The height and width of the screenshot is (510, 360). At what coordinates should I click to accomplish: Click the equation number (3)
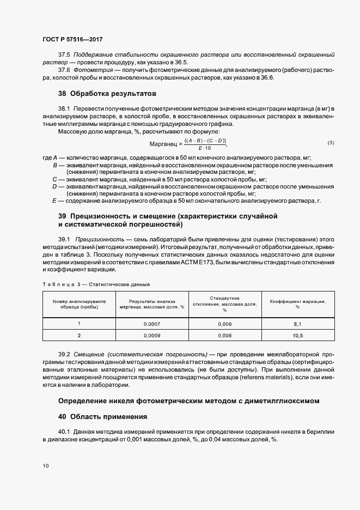click(x=331, y=143)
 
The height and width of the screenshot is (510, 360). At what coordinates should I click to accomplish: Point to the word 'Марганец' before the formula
click(x=163, y=144)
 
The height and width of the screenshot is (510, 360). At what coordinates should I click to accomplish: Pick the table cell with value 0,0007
click(x=151, y=324)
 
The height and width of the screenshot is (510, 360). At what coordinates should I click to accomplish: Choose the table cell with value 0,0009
click(x=151, y=336)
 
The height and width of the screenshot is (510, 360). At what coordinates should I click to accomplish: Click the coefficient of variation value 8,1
click(x=297, y=324)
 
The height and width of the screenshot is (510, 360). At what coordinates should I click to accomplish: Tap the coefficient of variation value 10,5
click(x=297, y=336)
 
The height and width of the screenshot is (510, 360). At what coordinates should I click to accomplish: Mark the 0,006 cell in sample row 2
click(x=224, y=336)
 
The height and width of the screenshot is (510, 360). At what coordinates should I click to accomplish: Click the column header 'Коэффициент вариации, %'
click(x=297, y=303)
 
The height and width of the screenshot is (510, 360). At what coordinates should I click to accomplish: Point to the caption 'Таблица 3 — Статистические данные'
click(x=96, y=284)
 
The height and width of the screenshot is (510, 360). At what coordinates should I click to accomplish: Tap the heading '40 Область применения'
click(x=103, y=417)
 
